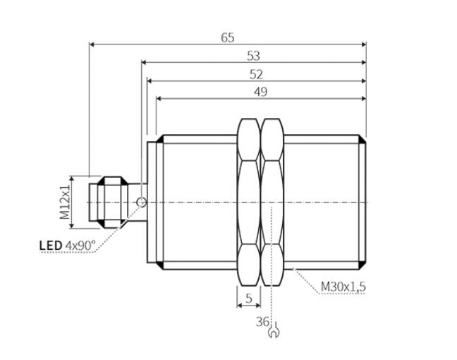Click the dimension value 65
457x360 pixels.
click(228, 38)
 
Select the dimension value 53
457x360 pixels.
click(253, 56)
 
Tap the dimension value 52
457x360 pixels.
click(256, 75)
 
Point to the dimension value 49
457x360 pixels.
click(260, 92)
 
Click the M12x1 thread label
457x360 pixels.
click(65, 202)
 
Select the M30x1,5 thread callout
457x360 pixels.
click(343, 287)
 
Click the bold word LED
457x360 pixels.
click(51, 246)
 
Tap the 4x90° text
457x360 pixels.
click(80, 246)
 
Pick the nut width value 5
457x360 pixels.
click(249, 298)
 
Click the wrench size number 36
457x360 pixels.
click(262, 322)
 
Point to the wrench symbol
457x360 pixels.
click(274, 330)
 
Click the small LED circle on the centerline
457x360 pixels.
click(142, 202)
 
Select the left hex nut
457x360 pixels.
click(249, 202)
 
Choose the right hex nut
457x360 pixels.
click(272, 202)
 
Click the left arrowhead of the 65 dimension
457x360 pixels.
click(92, 44)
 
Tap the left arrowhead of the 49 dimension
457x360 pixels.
click(159, 99)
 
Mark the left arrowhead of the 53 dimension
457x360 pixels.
click(144, 62)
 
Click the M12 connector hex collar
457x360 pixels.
click(113, 202)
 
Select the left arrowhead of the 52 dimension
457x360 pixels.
click(150, 80)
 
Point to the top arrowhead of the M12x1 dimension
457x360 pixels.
click(71, 179)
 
